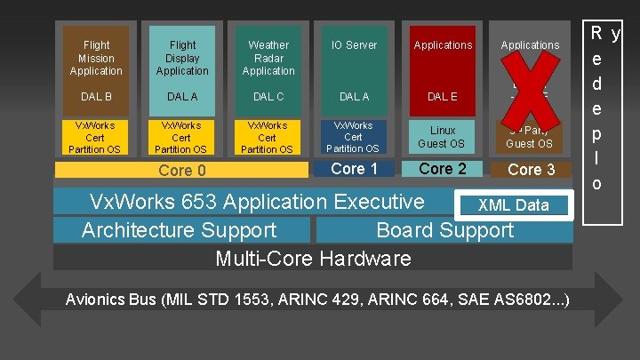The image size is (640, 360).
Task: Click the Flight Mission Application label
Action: pos(96,58)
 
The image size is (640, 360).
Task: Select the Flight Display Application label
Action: pos(182,58)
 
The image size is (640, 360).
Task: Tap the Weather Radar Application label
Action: pos(268,58)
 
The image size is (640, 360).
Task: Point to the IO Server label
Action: pos(355,44)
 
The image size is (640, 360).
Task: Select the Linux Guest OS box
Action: pos(443,137)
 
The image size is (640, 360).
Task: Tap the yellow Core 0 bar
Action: pos(181,170)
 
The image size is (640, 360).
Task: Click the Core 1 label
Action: pos(354,169)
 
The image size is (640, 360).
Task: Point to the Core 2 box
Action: pos(443,169)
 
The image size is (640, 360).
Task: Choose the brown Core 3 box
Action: pos(531,169)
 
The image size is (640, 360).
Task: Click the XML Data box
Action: pos(514,205)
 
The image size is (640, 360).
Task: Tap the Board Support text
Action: pos(444,230)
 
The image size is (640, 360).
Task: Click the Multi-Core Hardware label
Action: pos(313,259)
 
